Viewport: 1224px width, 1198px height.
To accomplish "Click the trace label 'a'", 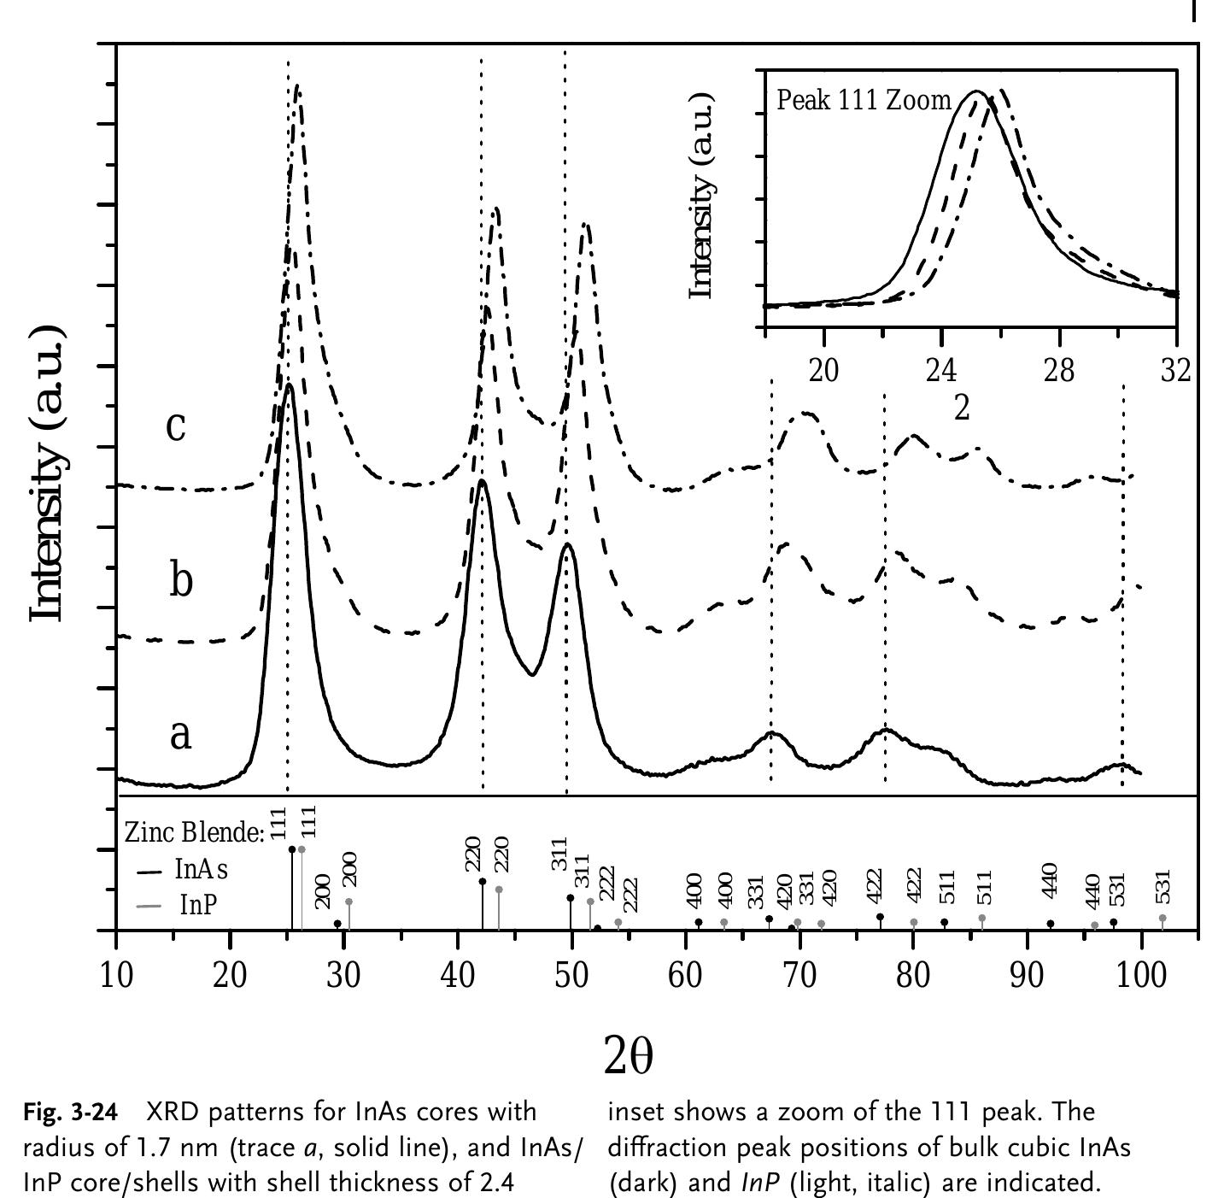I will [x=179, y=734].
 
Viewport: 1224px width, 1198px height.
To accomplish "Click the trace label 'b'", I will [x=180, y=579].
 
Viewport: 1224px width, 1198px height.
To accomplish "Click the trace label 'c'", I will [x=175, y=426].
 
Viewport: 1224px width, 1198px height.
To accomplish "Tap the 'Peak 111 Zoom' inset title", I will [x=863, y=100].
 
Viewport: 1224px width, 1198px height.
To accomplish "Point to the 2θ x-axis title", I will [x=628, y=1055].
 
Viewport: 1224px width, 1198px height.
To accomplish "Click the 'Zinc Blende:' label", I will [x=194, y=831].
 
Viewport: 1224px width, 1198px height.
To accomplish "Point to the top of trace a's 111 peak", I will [x=289, y=385].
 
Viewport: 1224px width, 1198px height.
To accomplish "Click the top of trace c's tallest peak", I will [x=297, y=85].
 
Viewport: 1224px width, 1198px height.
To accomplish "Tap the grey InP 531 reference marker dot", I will [x=1163, y=918].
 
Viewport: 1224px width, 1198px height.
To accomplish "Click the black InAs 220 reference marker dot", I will [x=483, y=881].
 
